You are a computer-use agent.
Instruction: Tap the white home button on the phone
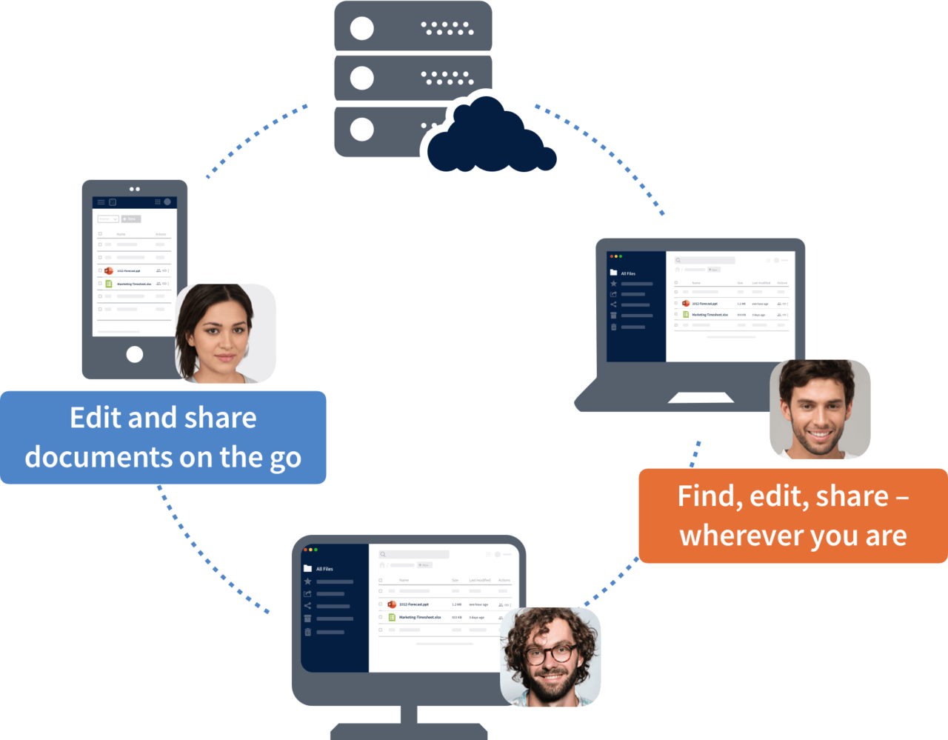click(x=135, y=354)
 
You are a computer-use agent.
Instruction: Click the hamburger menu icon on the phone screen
click(x=101, y=202)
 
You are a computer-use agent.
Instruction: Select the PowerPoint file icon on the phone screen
click(x=108, y=271)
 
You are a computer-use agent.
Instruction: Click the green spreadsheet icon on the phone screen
click(x=108, y=284)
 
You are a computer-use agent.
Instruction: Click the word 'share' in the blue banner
click(x=219, y=419)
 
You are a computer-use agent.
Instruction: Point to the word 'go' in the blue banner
click(x=285, y=458)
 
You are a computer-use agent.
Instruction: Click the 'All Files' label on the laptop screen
click(x=628, y=273)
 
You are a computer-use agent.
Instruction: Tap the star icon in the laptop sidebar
click(x=613, y=284)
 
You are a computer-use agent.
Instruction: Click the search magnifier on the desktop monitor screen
click(x=383, y=554)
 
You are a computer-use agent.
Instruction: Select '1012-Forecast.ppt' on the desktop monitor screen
click(x=413, y=604)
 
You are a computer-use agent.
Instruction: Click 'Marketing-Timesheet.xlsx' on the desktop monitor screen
click(x=420, y=617)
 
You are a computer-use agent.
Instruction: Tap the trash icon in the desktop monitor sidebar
click(x=307, y=632)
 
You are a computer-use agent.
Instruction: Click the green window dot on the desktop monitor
click(x=316, y=550)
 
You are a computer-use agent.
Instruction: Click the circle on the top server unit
click(x=361, y=29)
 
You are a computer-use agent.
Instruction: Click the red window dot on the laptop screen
click(x=611, y=256)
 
